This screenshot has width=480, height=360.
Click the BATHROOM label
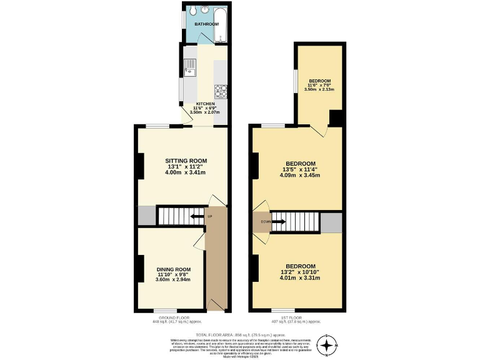tap(206, 24)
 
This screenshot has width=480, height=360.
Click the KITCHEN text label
tap(206, 104)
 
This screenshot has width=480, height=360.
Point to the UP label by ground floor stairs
tap(217, 217)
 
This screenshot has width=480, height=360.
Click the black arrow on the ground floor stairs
tap(197, 217)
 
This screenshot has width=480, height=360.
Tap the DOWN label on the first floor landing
tap(259, 221)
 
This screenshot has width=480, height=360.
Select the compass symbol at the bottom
tap(327, 345)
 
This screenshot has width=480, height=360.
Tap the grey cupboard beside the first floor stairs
tap(331, 221)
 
